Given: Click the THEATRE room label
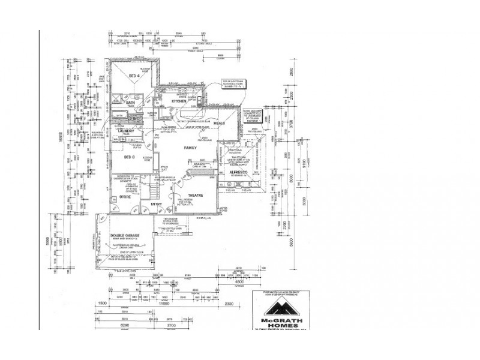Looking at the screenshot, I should coord(196,196).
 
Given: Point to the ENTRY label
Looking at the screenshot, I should coord(157,204).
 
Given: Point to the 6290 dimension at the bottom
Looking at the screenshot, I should coord(125,324).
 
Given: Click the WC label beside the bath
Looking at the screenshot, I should coord(136,119).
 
